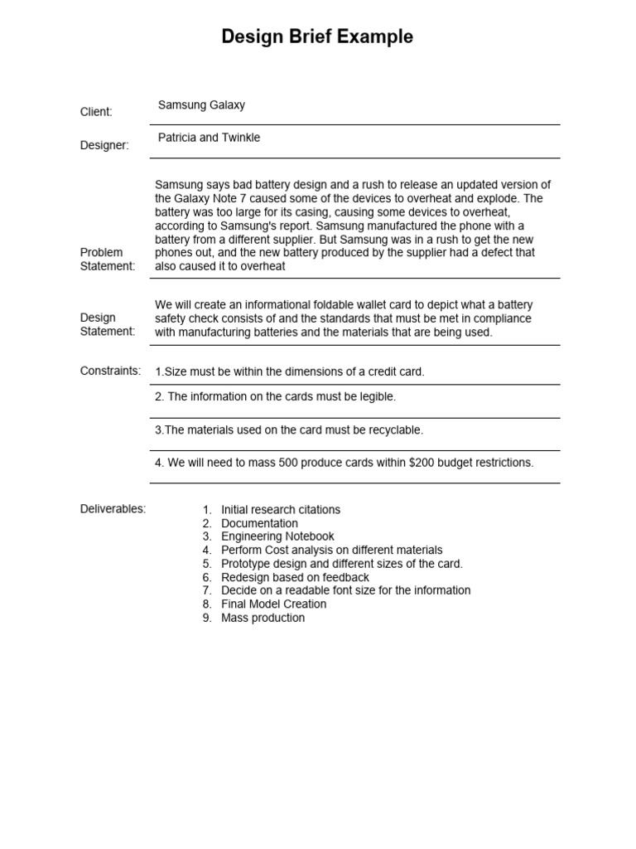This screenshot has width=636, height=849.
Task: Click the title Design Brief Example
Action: point(317,37)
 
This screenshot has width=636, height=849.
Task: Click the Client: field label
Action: point(96,112)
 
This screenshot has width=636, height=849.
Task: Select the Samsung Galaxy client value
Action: point(201,105)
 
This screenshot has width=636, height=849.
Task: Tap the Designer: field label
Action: point(104,145)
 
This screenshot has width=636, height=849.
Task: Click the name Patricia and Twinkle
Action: point(209,138)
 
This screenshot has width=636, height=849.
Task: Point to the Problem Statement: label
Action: point(107,259)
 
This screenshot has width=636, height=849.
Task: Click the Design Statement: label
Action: point(107,324)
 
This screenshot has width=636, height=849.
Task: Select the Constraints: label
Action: point(110,371)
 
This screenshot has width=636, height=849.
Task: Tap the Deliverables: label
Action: point(113,509)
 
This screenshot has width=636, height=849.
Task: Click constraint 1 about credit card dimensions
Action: point(290,371)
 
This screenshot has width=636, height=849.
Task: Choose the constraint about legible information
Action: point(276,397)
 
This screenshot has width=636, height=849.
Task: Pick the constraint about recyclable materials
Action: point(289,430)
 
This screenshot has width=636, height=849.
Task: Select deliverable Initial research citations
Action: point(281,510)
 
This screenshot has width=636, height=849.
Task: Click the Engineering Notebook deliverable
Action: point(277,536)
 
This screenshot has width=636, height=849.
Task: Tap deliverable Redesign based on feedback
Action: point(295,577)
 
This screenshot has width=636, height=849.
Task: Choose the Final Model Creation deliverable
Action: point(273,604)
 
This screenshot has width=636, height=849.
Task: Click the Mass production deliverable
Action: point(263,618)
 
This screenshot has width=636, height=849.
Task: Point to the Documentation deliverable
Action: point(259,523)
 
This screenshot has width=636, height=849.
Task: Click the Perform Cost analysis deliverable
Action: point(331,550)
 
